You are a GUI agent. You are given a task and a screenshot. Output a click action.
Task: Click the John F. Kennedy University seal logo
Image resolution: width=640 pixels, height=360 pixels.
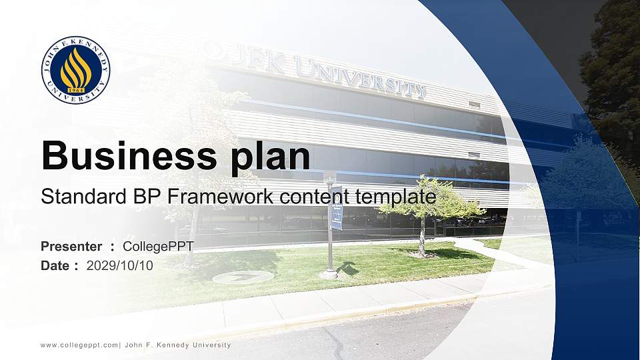[75, 70]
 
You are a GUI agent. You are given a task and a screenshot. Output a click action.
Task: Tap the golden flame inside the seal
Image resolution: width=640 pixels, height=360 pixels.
[75, 69]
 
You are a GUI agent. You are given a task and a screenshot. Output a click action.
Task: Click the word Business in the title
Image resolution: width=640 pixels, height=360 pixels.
[125, 156]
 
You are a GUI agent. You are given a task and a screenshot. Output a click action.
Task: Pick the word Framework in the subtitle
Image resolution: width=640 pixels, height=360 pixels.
[218, 197]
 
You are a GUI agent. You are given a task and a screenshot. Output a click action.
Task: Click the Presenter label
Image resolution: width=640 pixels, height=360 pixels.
[71, 247]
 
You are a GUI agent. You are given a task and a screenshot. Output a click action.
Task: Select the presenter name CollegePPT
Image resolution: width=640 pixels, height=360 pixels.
[158, 247]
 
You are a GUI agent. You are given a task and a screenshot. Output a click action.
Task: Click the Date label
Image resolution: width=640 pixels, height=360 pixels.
[55, 265]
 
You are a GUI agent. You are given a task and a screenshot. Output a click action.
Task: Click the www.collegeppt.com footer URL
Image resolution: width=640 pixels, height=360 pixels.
[79, 345]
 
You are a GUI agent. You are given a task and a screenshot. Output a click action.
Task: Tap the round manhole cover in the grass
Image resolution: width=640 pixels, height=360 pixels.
[243, 277]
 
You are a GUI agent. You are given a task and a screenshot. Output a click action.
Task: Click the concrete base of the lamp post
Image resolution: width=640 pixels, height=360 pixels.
[329, 273]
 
